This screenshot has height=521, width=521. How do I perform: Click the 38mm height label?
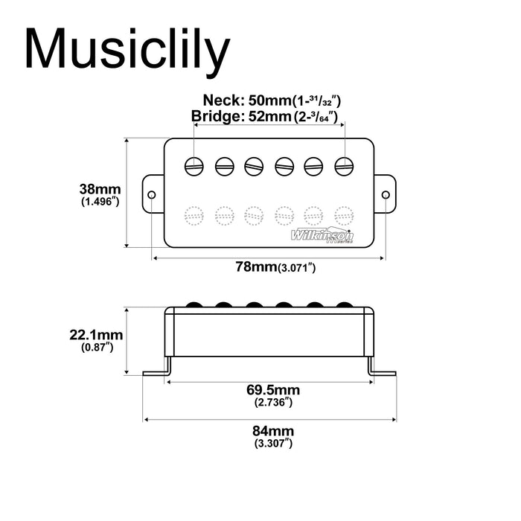pos(100,188)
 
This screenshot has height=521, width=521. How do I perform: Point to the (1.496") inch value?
pos(100,202)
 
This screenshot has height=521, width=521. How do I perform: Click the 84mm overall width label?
pos(272,431)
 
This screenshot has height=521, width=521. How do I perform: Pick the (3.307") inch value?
pos(272,444)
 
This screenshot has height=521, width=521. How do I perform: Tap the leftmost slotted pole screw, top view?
pos(195,166)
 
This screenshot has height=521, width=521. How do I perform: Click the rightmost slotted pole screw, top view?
pos(343,166)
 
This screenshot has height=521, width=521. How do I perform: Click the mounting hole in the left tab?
pos(152,195)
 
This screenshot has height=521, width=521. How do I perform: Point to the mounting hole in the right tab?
pos(386,195)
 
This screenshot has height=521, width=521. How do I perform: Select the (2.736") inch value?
pos(272,402)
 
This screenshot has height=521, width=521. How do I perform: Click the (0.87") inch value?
pos(96,348)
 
